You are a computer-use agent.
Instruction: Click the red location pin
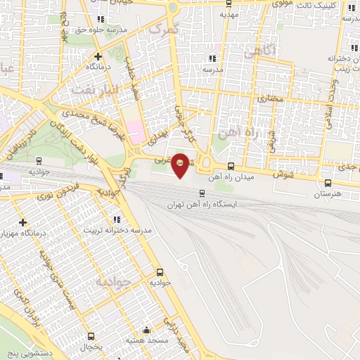click(181, 165)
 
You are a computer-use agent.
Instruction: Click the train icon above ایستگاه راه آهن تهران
click(202, 193)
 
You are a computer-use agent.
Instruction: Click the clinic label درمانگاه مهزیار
click(24, 232)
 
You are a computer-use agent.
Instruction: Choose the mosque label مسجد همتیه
click(146, 340)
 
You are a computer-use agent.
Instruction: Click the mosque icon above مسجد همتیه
click(146, 330)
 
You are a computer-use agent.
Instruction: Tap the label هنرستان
click(328, 192)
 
